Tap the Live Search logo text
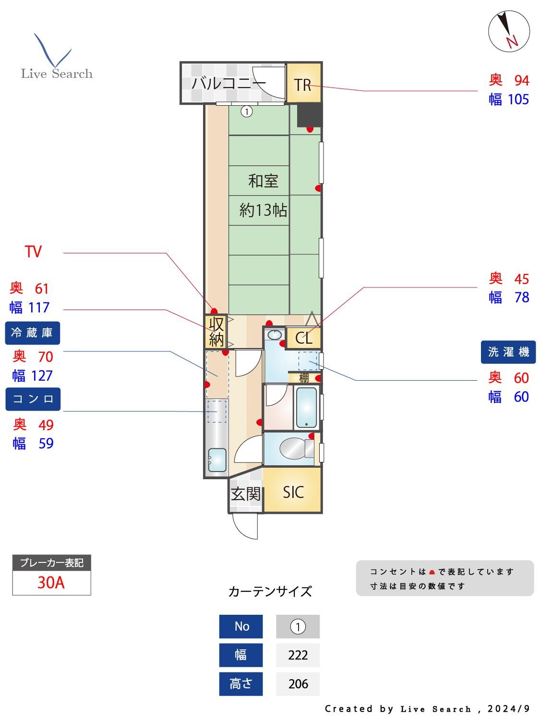tap(57, 74)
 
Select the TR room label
tap(303, 85)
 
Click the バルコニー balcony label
tap(228, 83)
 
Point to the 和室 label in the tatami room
tap(263, 181)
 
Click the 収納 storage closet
tap(216, 331)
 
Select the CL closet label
tap(304, 338)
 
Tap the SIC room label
tap(293, 492)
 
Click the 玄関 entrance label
tap(246, 494)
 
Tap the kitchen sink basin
tap(217, 460)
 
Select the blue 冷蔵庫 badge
tap(33, 333)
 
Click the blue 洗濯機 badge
tap(508, 352)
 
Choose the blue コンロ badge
tap(33, 399)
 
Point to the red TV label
tap(33, 251)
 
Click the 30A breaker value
tap(51, 583)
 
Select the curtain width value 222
tap(298, 655)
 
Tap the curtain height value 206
tap(298, 684)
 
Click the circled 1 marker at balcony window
tap(246, 112)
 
